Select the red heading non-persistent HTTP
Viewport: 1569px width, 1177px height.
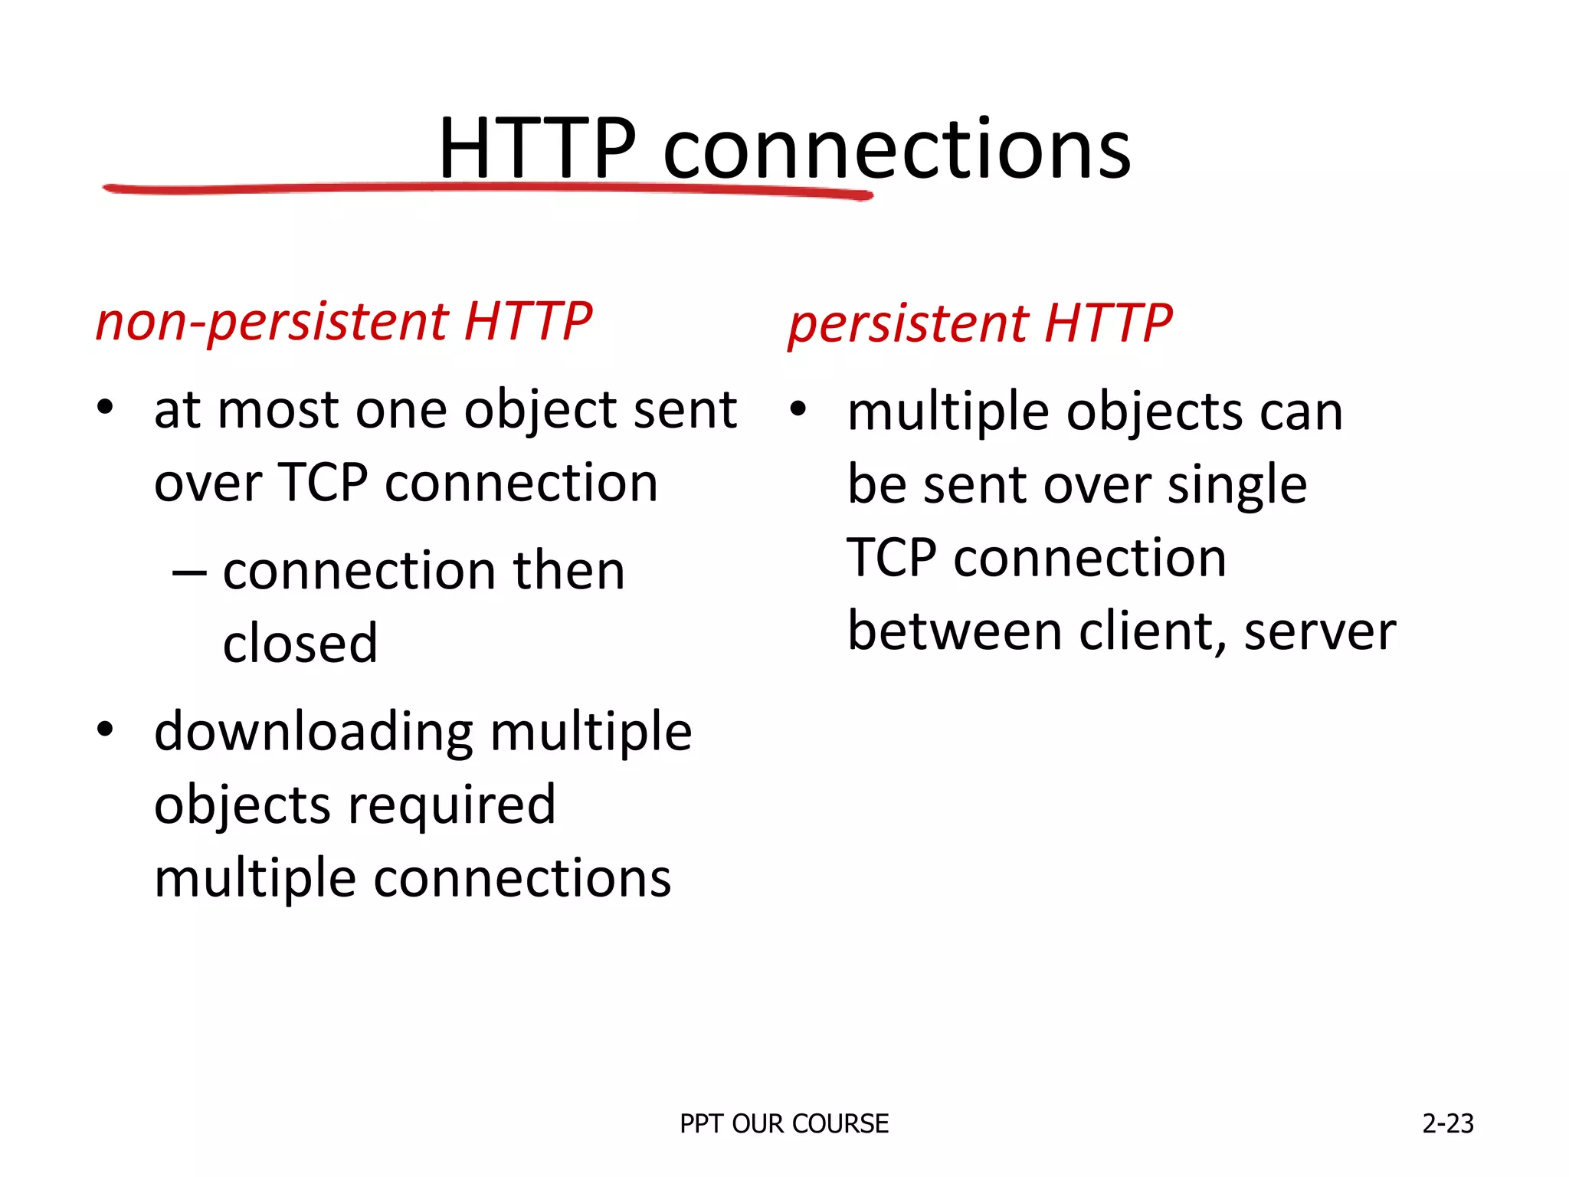pyautogui.click(x=343, y=322)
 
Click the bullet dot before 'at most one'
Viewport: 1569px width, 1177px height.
pyautogui.click(x=105, y=407)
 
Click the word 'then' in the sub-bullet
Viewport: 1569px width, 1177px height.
pyautogui.click(x=569, y=571)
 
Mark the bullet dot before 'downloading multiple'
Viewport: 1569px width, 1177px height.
pyautogui.click(x=105, y=729)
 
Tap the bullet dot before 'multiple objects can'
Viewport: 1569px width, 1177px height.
pyautogui.click(x=798, y=409)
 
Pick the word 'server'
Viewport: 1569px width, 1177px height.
pyautogui.click(x=1320, y=633)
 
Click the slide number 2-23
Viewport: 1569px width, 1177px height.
pyautogui.click(x=1447, y=1124)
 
